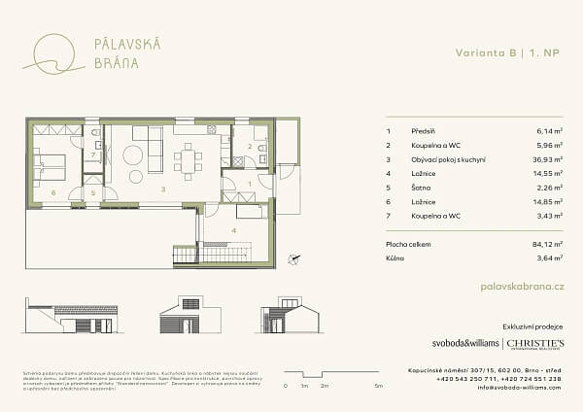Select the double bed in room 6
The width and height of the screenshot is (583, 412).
(50, 169)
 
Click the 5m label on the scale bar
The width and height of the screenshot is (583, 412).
(376, 387)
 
